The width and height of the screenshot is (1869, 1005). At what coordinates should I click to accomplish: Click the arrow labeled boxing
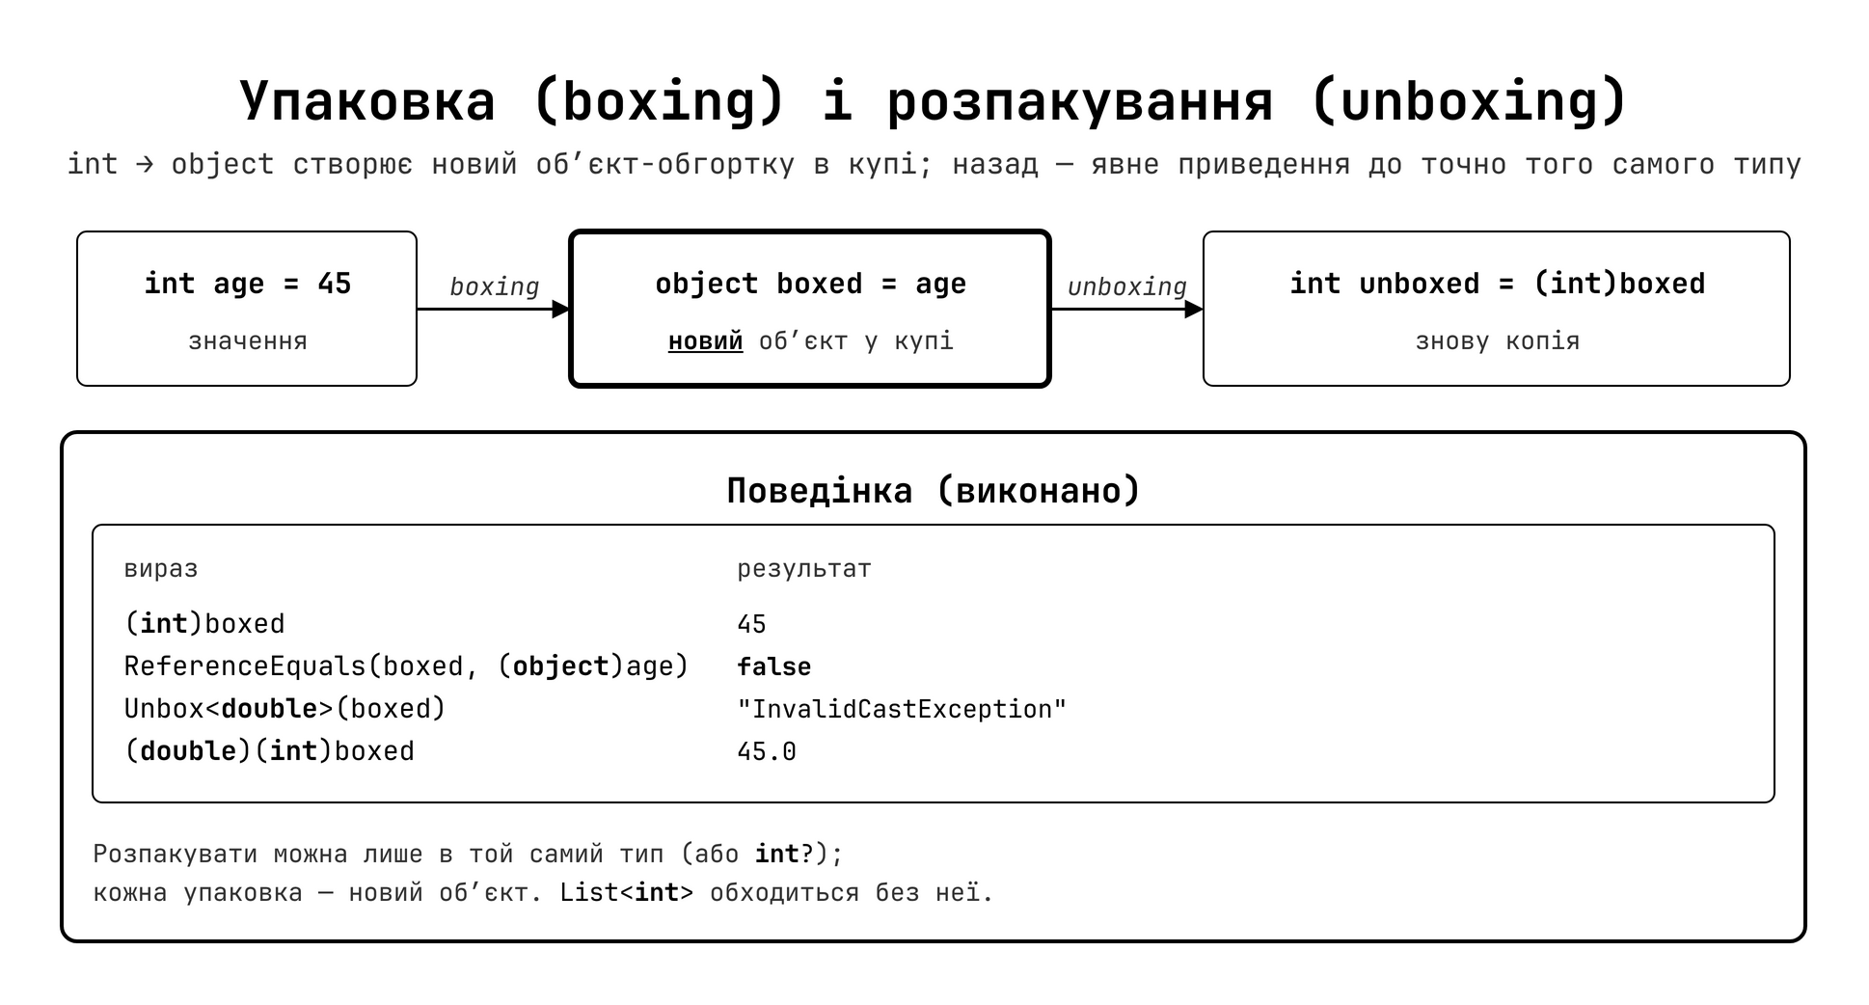494,309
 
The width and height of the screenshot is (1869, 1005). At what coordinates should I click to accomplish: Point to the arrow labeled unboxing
1126,309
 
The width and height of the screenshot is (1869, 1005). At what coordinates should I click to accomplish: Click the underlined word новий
706,341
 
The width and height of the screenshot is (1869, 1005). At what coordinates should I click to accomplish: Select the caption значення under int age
247,341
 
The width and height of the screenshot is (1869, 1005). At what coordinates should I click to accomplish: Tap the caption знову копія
1497,341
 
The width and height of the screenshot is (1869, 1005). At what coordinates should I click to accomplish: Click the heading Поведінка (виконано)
934,491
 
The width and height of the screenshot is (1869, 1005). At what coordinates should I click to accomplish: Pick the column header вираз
161,569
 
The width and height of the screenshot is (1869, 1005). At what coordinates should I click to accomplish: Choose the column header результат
804,569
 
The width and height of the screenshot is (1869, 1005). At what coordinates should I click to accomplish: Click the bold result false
774,666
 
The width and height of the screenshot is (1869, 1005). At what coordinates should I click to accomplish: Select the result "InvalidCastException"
902,709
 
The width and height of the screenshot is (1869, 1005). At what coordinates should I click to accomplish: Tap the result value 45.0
767,751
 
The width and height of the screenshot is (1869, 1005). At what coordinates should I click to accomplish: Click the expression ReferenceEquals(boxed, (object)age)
406,666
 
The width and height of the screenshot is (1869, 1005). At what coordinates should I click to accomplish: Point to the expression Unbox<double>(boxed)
284,709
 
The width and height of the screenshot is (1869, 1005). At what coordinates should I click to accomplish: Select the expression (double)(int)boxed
269,751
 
